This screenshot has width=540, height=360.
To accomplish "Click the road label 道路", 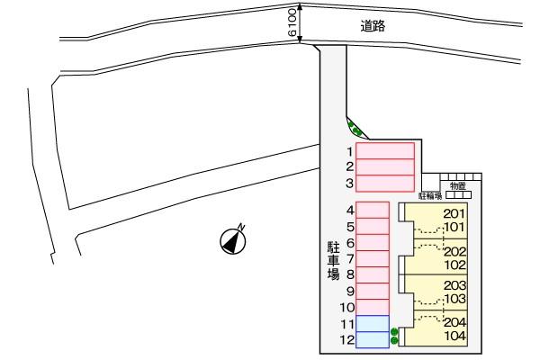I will tap(373, 26).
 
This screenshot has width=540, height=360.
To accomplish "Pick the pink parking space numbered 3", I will tap(385, 183).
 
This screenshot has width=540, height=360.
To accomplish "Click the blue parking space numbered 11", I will tap(373, 323).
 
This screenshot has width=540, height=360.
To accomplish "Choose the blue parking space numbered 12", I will tap(373, 339).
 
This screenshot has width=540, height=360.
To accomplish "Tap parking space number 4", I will tap(373, 210).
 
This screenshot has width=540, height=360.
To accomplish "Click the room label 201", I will tap(454, 213).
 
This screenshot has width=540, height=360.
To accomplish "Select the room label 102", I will tap(454, 265).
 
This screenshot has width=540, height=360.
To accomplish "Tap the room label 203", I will tap(454, 284).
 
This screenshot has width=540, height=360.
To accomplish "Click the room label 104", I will tap(454, 336).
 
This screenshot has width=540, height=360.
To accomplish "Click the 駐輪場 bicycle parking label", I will tap(430, 194).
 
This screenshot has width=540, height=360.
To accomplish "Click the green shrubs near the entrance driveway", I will tap(356, 130).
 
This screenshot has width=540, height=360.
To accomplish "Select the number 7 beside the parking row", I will tap(349, 258).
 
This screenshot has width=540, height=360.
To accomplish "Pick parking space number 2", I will tap(385, 166).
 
